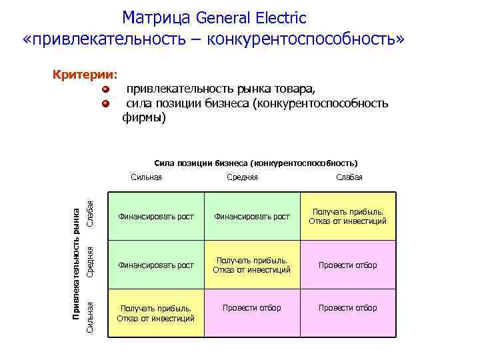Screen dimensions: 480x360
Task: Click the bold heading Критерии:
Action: pos(85,74)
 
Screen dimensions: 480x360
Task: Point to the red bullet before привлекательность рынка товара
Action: pos(106,89)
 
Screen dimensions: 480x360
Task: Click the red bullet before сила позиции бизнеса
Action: pos(106,104)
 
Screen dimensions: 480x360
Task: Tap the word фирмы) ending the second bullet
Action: pos(144,118)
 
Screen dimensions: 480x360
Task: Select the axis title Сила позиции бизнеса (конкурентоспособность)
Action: pos(256,163)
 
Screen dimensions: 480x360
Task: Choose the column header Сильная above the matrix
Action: pos(147,177)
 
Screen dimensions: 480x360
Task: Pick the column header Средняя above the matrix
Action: pos(242,177)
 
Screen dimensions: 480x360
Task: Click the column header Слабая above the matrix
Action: pos(349,177)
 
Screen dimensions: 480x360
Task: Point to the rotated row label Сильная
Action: pos(90,315)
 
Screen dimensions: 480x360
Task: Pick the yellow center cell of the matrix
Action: pos(251,265)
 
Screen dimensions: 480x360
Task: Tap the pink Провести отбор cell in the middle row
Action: pos(347,265)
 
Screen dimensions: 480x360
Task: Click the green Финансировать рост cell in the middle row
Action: pos(155,265)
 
